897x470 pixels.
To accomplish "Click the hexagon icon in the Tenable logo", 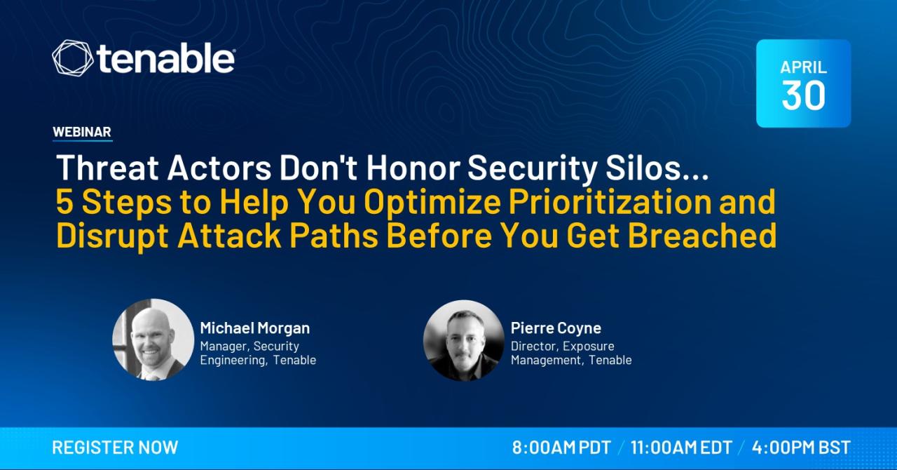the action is pyautogui.click(x=72, y=58).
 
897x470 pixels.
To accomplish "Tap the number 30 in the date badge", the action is pyautogui.click(x=803, y=95).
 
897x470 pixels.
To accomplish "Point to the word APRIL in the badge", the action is pyautogui.click(x=803, y=67).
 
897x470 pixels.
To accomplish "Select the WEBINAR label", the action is pyautogui.click(x=82, y=132).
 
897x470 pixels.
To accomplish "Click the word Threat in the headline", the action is pyautogui.click(x=107, y=168).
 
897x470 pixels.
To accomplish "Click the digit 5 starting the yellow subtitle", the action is pyautogui.click(x=64, y=202).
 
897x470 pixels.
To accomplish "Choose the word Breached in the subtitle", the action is pyautogui.click(x=702, y=236).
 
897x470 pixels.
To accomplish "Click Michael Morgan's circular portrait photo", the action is pyautogui.click(x=153, y=340).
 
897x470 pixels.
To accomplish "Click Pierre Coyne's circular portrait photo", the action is pyautogui.click(x=464, y=340).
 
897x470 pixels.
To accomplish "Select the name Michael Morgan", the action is pyautogui.click(x=254, y=328).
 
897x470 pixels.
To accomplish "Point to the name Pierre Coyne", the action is pyautogui.click(x=556, y=328).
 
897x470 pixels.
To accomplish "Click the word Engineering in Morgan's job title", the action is pyautogui.click(x=234, y=360).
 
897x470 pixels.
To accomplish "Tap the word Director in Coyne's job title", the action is pyautogui.click(x=534, y=346).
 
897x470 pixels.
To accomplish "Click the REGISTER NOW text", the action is pyautogui.click(x=116, y=448).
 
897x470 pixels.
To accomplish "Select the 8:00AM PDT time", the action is pyautogui.click(x=561, y=448).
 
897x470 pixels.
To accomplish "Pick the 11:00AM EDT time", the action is pyautogui.click(x=681, y=448).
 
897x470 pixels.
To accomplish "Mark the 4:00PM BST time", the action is pyautogui.click(x=801, y=448).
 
